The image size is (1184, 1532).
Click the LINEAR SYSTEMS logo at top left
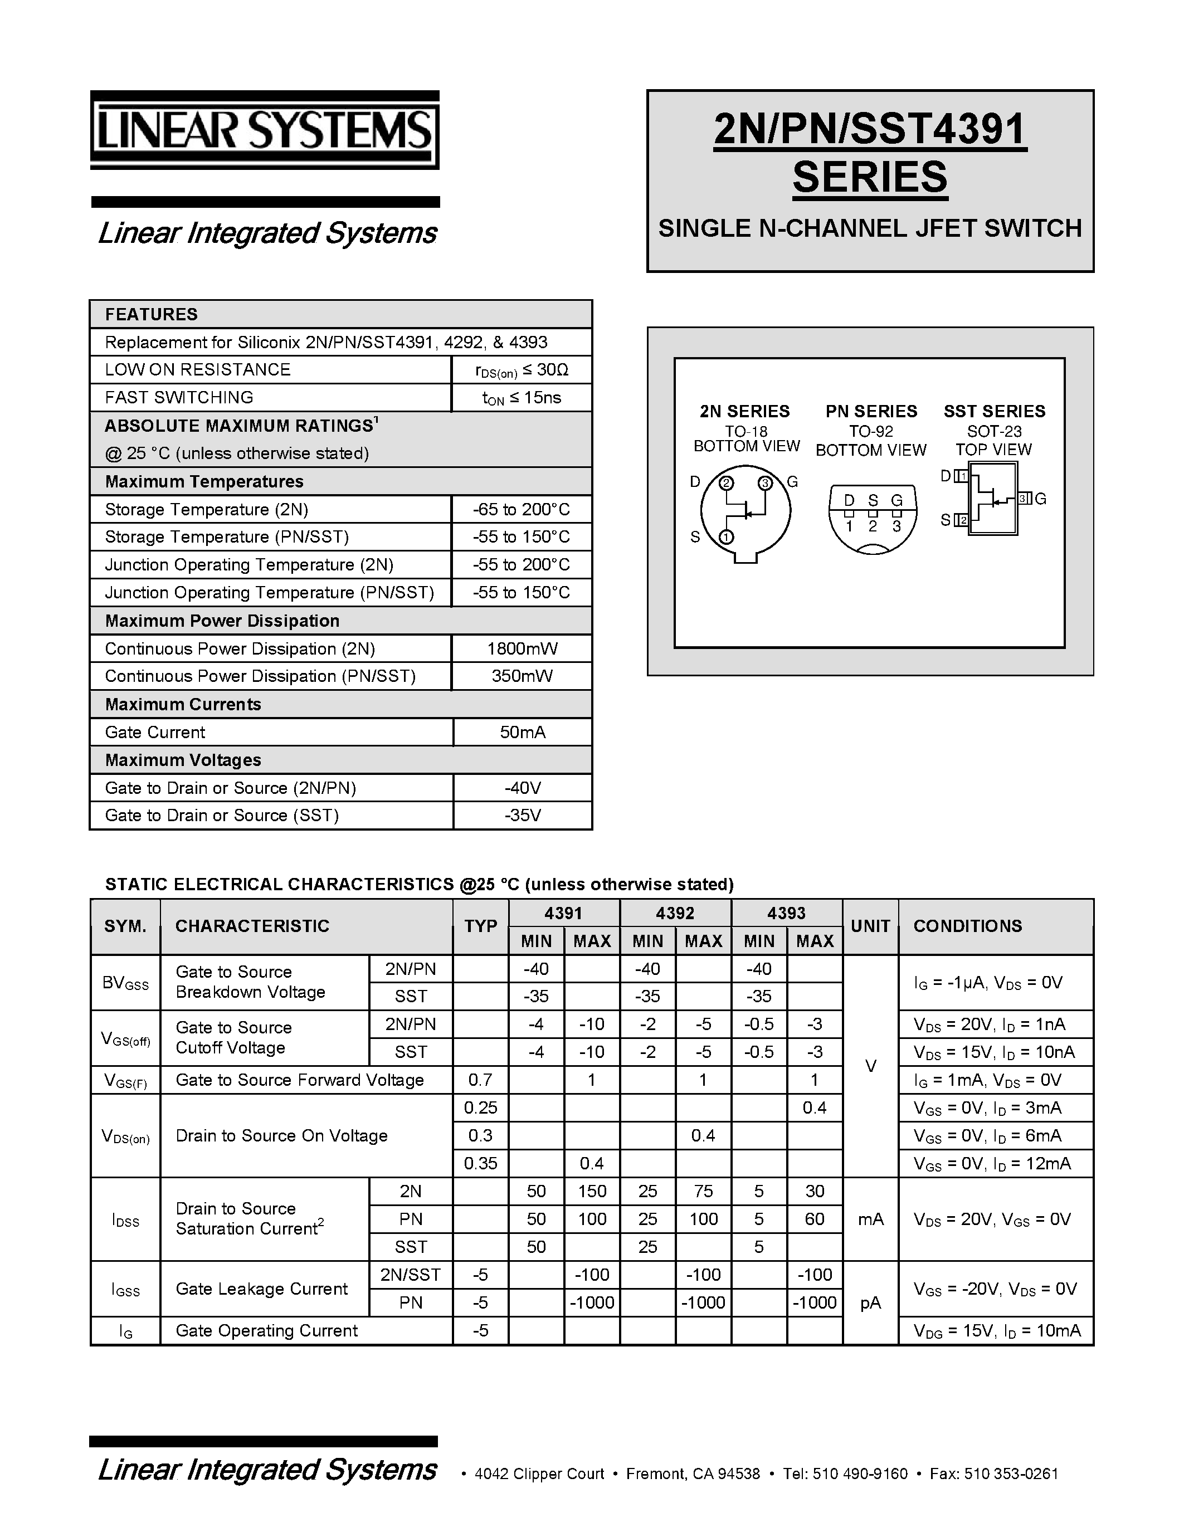[x=265, y=130]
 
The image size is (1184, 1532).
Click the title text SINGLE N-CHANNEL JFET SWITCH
[x=870, y=228]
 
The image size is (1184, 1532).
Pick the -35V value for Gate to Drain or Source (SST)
[x=522, y=815]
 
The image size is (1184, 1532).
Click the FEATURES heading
[x=152, y=314]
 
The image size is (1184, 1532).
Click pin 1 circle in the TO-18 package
[x=727, y=538]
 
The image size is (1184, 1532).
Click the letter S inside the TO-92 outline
[x=873, y=500]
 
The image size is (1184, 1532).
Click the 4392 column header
[x=675, y=913]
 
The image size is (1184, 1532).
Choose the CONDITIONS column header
[x=967, y=926]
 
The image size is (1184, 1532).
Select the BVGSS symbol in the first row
[x=125, y=983]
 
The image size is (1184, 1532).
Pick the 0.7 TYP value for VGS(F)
[x=480, y=1080]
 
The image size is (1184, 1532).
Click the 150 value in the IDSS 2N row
[x=592, y=1191]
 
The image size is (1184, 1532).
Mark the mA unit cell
[x=870, y=1219]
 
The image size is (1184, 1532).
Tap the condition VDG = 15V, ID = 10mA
[x=997, y=1330]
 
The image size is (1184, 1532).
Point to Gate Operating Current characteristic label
[x=266, y=1330]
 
